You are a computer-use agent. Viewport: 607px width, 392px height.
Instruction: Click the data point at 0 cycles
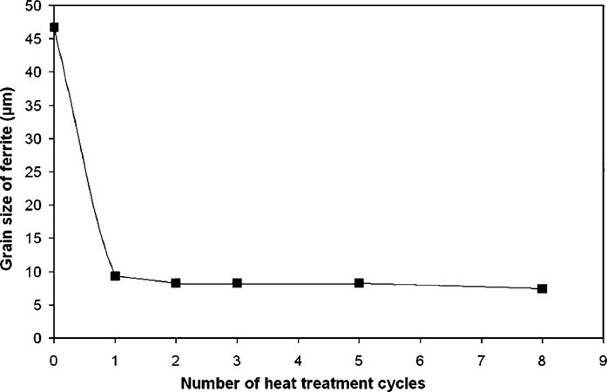click(x=54, y=27)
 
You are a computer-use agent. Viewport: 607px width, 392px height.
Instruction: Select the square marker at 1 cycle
click(x=115, y=276)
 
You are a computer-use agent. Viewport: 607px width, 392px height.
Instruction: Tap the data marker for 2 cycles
click(x=176, y=283)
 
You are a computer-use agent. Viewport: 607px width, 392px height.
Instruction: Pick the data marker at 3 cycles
click(x=237, y=283)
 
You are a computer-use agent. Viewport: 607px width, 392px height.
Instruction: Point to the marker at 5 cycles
click(x=359, y=283)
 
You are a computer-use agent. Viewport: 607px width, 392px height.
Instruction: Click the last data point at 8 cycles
click(x=542, y=288)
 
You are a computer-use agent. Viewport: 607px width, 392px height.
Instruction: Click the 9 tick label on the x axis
click(x=603, y=357)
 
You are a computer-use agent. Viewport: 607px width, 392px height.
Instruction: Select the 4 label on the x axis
click(x=298, y=357)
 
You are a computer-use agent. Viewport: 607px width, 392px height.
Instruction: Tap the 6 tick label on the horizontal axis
click(x=420, y=357)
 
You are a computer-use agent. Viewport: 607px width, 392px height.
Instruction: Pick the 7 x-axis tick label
click(x=481, y=357)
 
